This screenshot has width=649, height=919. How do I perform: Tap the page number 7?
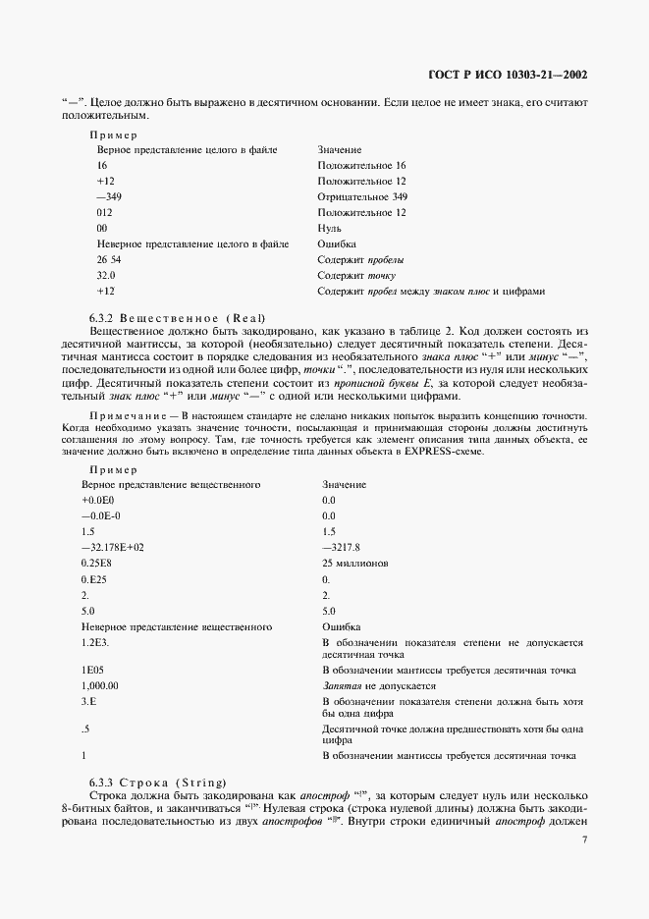pyautogui.click(x=584, y=839)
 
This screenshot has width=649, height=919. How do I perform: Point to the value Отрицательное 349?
pyautogui.click(x=362, y=196)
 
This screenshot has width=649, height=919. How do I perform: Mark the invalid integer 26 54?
pyautogui.click(x=108, y=259)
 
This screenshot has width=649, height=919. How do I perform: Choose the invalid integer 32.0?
pyautogui.click(x=106, y=275)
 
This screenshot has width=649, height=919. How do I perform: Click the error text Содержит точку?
pyautogui.click(x=357, y=275)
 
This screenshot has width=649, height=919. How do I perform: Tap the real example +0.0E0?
pyautogui.click(x=98, y=500)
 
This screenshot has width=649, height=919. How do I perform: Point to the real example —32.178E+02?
pyautogui.click(x=113, y=547)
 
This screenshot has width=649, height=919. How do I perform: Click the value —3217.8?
pyautogui.click(x=342, y=547)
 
